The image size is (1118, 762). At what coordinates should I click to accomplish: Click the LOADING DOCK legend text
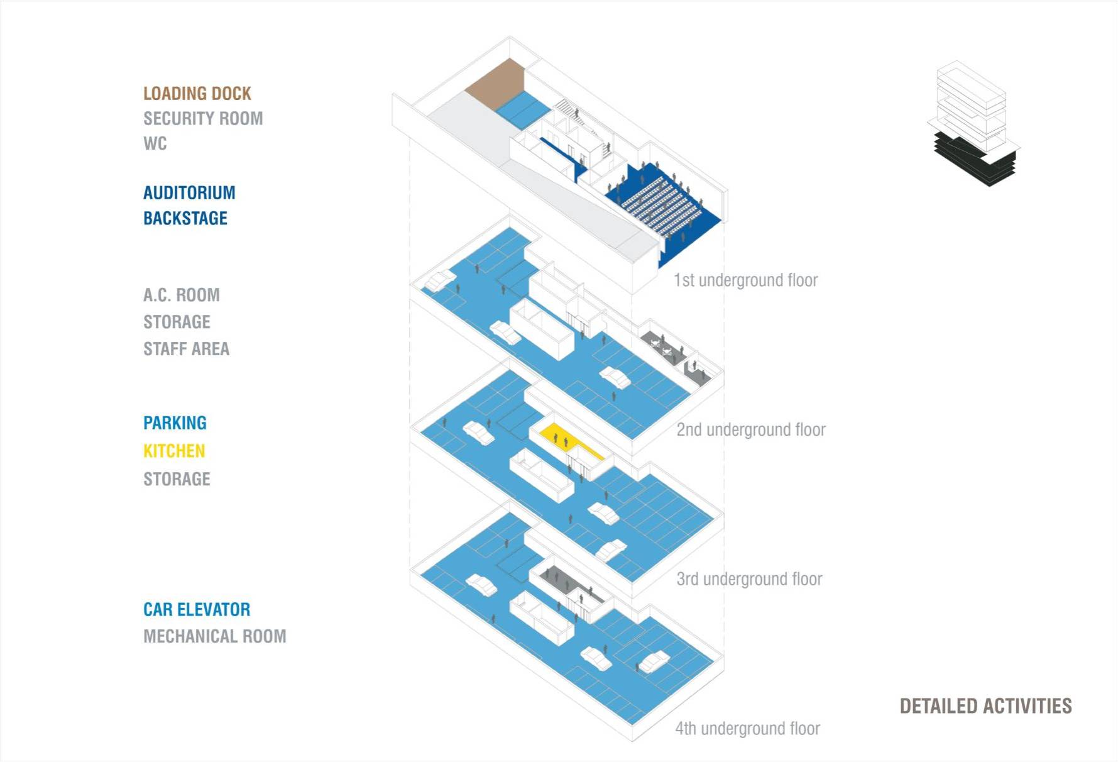pyautogui.click(x=197, y=94)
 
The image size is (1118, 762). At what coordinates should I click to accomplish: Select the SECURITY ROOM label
pyautogui.click(x=203, y=119)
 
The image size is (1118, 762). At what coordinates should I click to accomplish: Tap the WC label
pyautogui.click(x=155, y=144)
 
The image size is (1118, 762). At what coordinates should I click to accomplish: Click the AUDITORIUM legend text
pyautogui.click(x=189, y=193)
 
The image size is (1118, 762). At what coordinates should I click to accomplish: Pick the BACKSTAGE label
pyautogui.click(x=185, y=218)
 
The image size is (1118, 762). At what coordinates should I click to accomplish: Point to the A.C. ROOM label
pyautogui.click(x=182, y=295)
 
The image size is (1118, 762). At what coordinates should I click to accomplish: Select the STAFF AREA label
pyautogui.click(x=186, y=349)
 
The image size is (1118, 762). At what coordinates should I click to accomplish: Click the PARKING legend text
pyautogui.click(x=175, y=423)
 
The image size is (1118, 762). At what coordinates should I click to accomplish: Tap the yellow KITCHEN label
pyautogui.click(x=174, y=451)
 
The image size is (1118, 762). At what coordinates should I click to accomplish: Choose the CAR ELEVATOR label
pyautogui.click(x=197, y=610)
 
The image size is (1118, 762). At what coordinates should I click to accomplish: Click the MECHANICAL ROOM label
pyautogui.click(x=214, y=636)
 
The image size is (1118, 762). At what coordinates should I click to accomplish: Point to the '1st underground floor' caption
pyautogui.click(x=745, y=280)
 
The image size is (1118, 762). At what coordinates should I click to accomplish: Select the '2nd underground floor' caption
pyautogui.click(x=751, y=430)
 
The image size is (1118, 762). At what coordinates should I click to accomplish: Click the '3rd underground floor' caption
pyautogui.click(x=749, y=579)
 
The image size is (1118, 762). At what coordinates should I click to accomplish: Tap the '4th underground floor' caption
pyautogui.click(x=747, y=729)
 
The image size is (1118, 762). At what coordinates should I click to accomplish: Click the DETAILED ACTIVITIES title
pyautogui.click(x=985, y=706)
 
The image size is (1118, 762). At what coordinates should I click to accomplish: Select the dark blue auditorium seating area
pyautogui.click(x=660, y=201)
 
